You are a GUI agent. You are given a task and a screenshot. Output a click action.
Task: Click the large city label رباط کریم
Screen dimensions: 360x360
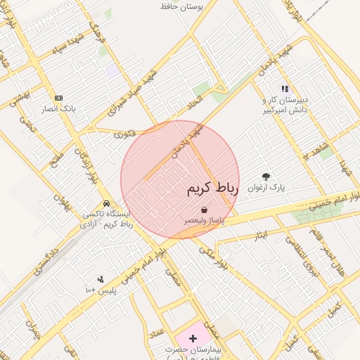tap(213, 189)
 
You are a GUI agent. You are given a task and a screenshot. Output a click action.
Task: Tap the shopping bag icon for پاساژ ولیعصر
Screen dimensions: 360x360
tap(204, 210)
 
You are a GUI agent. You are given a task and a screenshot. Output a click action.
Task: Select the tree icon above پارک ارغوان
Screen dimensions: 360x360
tap(266, 176)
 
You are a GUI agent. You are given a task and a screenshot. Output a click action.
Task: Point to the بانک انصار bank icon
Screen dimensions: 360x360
tap(58, 98)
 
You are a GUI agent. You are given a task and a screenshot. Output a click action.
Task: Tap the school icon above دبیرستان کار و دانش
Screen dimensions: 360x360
tap(285, 89)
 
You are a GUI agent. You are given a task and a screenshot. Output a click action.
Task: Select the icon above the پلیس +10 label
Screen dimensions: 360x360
tap(100, 279)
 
